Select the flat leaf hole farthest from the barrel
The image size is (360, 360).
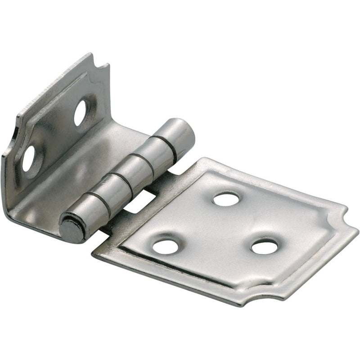coord(265,246)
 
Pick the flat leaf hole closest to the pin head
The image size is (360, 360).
coord(166,246)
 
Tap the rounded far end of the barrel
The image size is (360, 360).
coord(182,130)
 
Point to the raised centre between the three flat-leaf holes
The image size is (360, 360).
coord(216,229)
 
